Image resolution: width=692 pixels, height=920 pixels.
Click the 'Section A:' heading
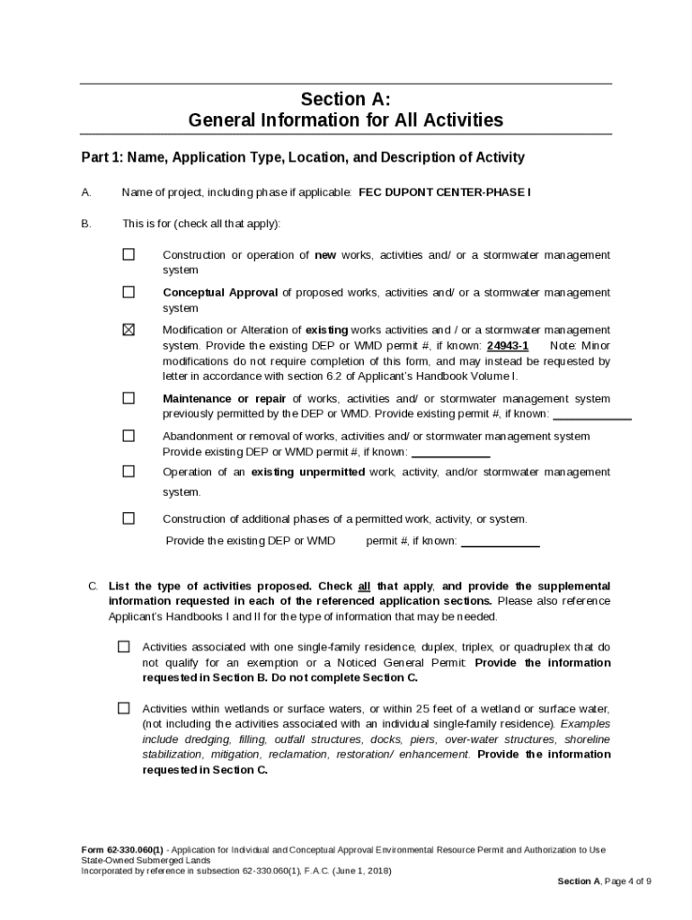point(346,99)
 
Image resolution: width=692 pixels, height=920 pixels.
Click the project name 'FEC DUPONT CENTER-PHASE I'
point(444,192)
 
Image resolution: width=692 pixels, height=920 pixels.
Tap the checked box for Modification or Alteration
point(129,330)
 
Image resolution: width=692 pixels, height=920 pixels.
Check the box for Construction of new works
point(129,254)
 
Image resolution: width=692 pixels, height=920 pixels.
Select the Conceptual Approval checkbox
point(129,292)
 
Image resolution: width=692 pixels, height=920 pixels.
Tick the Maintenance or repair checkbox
point(129,398)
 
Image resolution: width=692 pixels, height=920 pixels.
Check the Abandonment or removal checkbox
point(129,436)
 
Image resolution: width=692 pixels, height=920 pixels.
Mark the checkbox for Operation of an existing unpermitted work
point(129,472)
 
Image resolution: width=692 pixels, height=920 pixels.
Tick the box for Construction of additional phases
point(129,518)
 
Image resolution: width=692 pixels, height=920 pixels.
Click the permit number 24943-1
point(507,346)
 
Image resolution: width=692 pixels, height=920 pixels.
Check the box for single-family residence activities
point(123,647)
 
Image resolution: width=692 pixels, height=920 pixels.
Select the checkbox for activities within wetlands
point(123,708)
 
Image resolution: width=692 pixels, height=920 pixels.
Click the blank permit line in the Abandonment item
point(450,455)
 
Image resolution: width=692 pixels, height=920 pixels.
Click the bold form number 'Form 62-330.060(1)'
point(122,849)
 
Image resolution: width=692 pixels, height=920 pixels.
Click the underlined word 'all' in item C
point(364,586)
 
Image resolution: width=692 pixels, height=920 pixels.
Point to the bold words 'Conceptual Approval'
point(220,293)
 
